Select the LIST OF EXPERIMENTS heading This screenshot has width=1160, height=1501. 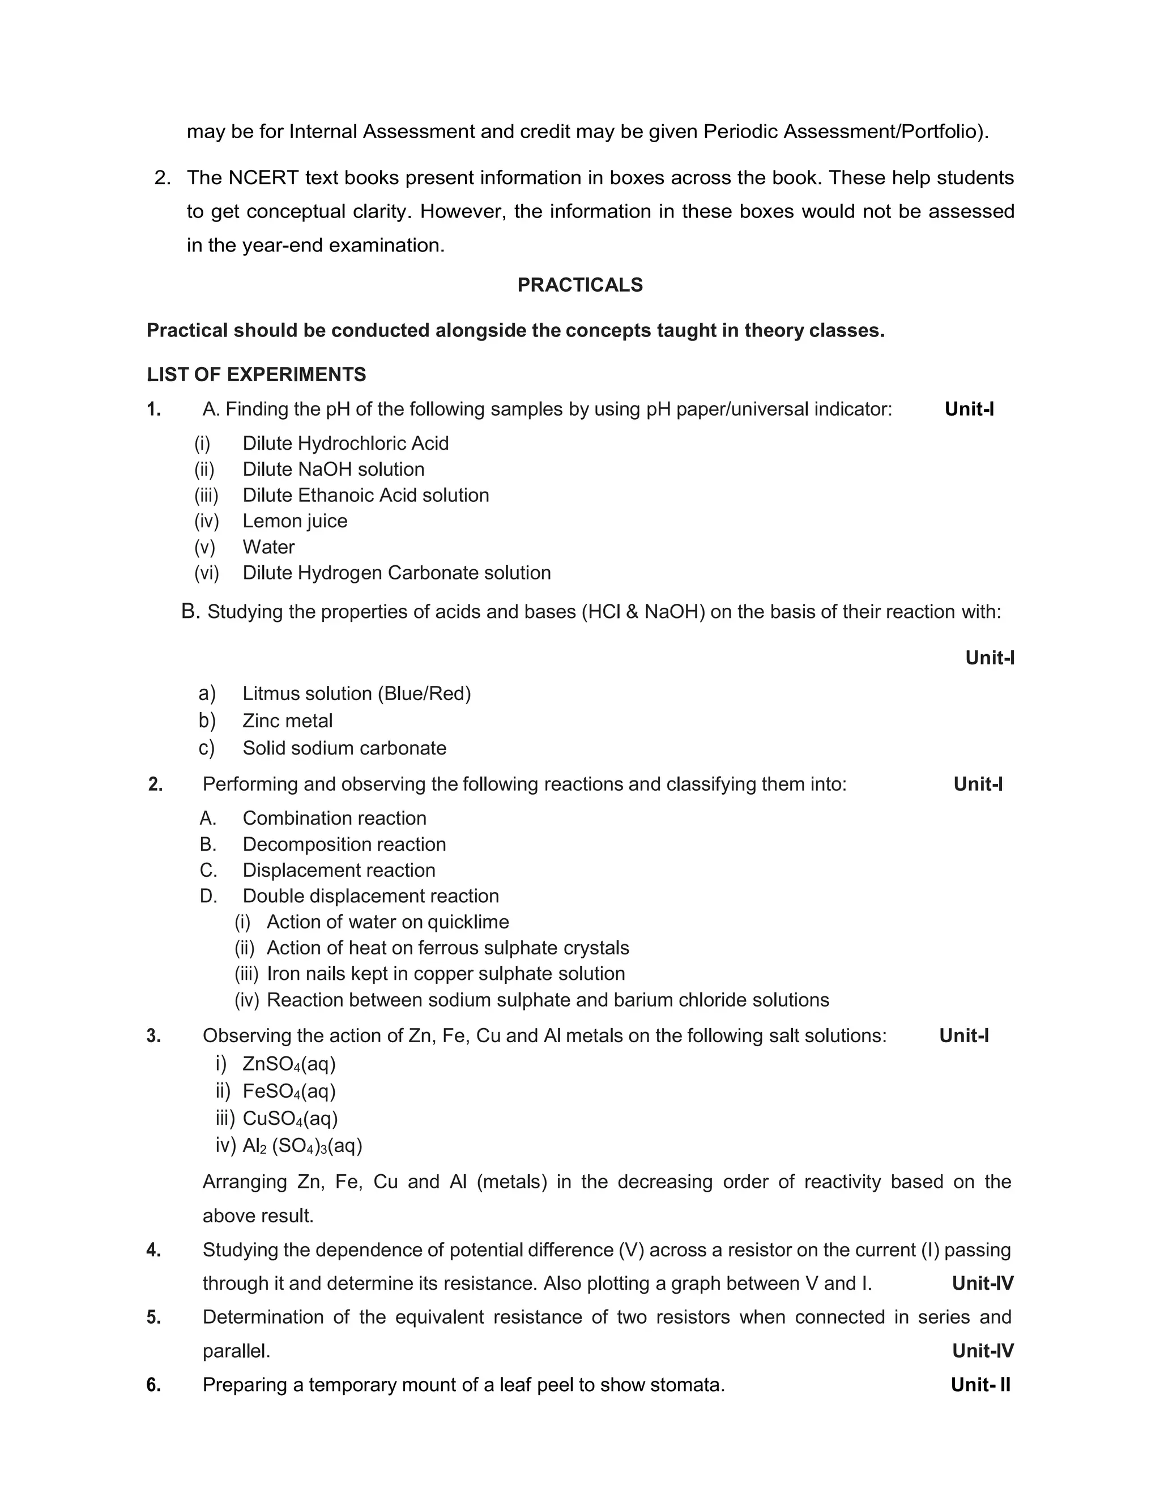(257, 374)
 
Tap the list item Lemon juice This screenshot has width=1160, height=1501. (294, 521)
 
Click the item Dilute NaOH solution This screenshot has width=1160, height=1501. (332, 470)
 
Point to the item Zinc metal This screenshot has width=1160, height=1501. (287, 721)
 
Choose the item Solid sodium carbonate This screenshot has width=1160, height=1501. (344, 748)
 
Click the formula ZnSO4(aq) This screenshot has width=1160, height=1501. (289, 1065)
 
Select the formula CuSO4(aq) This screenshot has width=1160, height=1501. (290, 1119)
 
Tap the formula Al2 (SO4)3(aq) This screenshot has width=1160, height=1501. (302, 1146)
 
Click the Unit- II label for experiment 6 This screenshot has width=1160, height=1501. (980, 1385)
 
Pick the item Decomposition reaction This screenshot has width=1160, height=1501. (344, 844)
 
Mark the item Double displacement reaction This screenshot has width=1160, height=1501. (370, 896)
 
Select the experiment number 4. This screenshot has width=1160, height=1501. (154, 1250)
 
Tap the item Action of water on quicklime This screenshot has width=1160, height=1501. (387, 922)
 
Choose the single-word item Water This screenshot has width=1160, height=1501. (268, 547)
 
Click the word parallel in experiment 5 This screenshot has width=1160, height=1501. (236, 1351)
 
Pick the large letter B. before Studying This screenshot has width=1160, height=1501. (190, 611)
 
